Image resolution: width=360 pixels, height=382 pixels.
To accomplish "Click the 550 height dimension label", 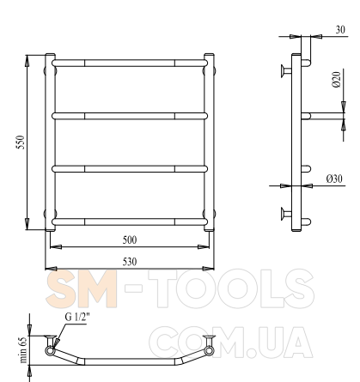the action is tap(21, 142).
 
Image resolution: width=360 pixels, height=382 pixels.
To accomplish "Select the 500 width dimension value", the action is tap(130, 240).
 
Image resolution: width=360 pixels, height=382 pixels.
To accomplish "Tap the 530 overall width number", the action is tap(130, 262).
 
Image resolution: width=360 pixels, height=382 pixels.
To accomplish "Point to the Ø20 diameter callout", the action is tap(337, 79).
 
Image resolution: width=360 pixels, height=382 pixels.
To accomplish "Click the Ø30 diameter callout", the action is tap(334, 179).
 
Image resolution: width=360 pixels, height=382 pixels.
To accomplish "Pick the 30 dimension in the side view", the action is tap(340, 29).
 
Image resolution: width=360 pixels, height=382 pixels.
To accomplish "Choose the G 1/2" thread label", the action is tap(77, 317).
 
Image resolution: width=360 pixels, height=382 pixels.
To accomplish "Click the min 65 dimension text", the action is tap(23, 349).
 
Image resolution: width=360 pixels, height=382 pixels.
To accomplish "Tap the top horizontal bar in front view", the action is tap(130, 63).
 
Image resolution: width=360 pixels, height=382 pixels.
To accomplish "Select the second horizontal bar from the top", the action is tap(130, 116).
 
